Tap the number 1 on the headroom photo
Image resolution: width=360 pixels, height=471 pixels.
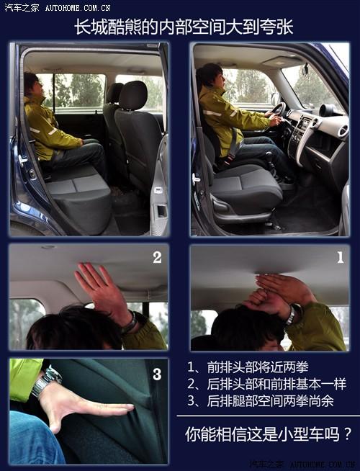tap(340, 257)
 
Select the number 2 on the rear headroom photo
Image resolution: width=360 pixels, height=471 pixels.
tap(157, 257)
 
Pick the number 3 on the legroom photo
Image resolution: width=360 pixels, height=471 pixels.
tap(157, 374)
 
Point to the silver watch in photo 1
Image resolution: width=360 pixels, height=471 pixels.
tap(290, 315)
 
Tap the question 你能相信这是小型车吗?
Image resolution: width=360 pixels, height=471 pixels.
tap(269, 434)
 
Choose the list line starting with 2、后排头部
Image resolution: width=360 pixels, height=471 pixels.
tap(266, 383)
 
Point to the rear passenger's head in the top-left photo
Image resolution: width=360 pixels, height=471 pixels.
tap(31, 84)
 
